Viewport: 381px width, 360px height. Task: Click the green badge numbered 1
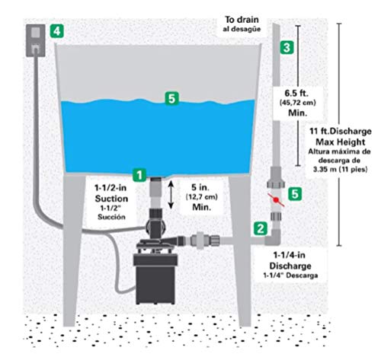pyautogui.click(x=137, y=174)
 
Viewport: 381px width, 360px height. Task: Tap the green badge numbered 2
pyautogui.click(x=261, y=227)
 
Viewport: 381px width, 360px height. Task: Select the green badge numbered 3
pyautogui.click(x=286, y=47)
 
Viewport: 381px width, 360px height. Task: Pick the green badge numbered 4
pyautogui.click(x=56, y=32)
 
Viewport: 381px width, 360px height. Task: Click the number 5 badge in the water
pyautogui.click(x=174, y=97)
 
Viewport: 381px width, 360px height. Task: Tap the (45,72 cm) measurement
pyautogui.click(x=296, y=107)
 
